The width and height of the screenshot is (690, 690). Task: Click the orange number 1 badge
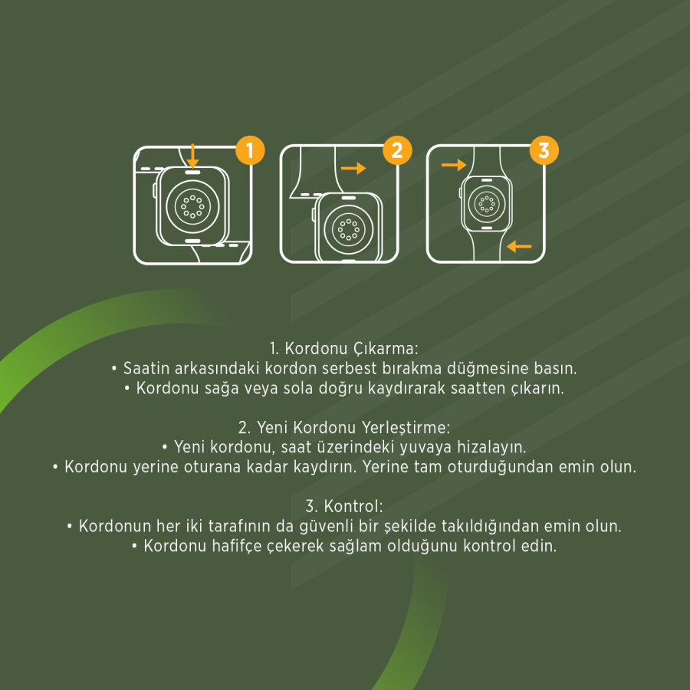(x=250, y=150)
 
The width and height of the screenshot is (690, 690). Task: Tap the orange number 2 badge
(x=397, y=150)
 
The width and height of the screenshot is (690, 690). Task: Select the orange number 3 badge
(x=544, y=150)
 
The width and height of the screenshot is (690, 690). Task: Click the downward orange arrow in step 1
(x=192, y=156)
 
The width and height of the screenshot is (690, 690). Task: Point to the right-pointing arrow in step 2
(x=353, y=168)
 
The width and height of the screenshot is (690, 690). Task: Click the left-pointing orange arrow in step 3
(x=519, y=246)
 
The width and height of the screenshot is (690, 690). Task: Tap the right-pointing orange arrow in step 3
(x=454, y=165)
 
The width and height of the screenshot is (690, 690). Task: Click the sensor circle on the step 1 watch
(x=192, y=205)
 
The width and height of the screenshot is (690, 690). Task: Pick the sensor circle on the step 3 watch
(x=486, y=204)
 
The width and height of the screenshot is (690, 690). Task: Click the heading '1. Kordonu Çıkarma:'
(x=344, y=349)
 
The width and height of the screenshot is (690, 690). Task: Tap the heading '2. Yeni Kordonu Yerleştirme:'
(x=344, y=427)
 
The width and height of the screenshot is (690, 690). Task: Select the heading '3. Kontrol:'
(x=344, y=506)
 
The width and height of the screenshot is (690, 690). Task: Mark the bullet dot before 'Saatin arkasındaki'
(x=114, y=369)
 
